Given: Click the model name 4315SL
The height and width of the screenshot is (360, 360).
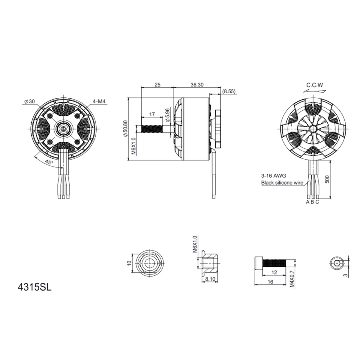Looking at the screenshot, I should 34,287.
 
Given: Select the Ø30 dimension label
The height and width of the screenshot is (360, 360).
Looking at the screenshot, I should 29,102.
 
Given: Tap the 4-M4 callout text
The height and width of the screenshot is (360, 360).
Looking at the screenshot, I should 100,102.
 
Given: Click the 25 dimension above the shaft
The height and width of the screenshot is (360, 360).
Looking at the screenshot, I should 157,85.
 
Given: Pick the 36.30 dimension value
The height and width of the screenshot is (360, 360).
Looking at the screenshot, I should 197,85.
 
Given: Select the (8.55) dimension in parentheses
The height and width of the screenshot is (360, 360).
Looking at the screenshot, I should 229,91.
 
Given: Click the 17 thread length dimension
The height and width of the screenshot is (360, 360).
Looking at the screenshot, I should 152,114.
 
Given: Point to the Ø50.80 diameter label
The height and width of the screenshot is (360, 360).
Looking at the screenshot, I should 125,129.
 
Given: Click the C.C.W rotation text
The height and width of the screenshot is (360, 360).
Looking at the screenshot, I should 314,85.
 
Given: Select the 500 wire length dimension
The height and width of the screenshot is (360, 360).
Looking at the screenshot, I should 328,179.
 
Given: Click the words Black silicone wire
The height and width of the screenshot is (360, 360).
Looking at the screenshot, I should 282,183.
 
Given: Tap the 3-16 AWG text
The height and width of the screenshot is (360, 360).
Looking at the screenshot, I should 273,176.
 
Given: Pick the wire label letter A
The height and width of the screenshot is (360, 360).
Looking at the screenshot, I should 307,202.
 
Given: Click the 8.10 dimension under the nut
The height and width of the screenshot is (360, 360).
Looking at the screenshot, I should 210,279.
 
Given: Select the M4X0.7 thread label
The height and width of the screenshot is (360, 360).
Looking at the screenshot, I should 292,278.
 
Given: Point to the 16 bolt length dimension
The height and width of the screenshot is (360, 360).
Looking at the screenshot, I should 271,282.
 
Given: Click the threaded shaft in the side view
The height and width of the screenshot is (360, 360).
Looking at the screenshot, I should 151,129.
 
